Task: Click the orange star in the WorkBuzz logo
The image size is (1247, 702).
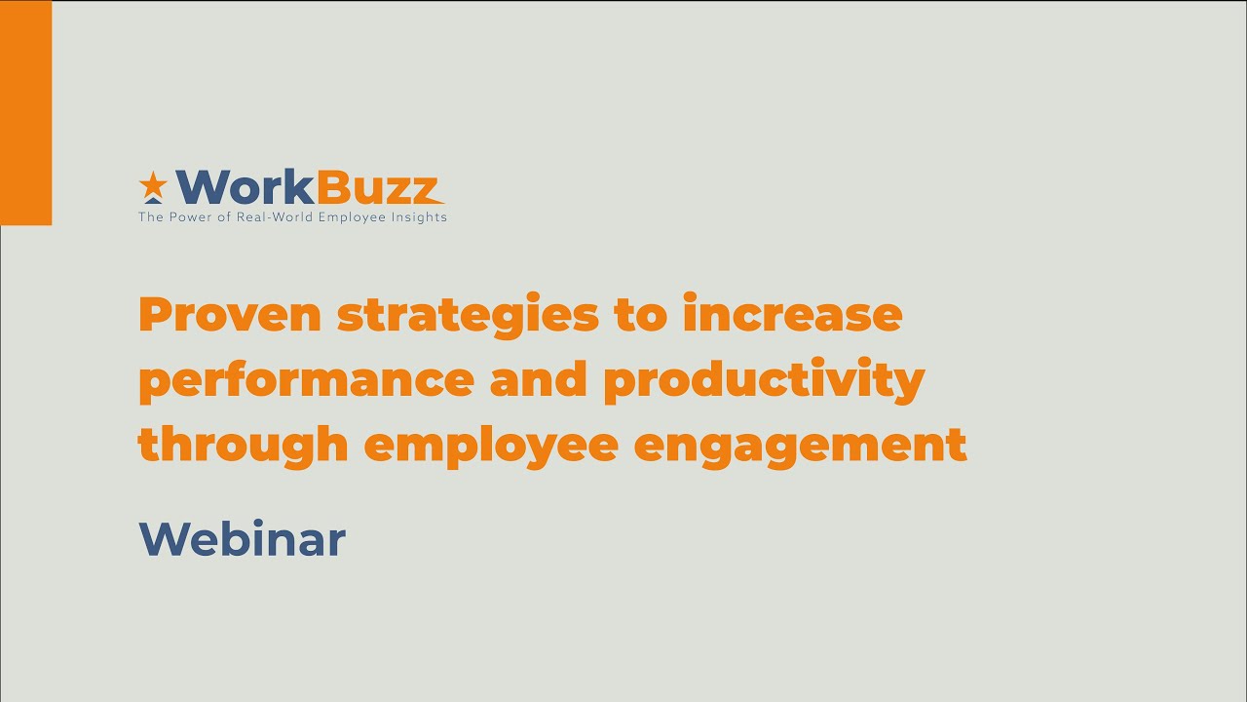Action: [153, 182]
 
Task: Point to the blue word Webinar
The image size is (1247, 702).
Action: [243, 538]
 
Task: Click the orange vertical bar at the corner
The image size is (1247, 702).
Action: [25, 113]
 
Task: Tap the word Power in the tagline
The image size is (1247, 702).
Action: [189, 217]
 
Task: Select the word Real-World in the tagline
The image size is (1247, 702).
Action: [263, 217]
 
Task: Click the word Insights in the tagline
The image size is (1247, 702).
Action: [418, 217]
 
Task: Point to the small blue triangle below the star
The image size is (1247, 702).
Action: [153, 199]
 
